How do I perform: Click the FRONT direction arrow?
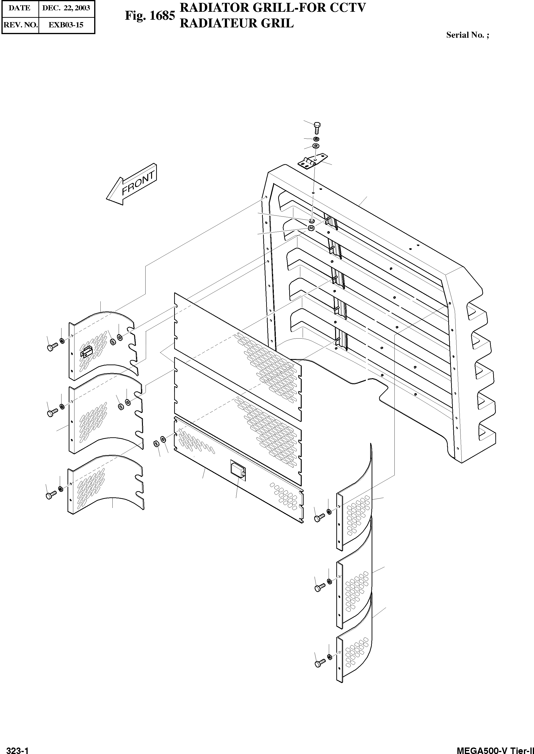[132, 185]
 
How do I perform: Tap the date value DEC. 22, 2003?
[66, 8]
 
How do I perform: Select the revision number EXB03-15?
[66, 25]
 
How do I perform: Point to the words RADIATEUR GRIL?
[236, 23]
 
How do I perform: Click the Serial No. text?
[467, 35]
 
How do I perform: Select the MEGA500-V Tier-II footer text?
[495, 749]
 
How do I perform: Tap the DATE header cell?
[19, 8]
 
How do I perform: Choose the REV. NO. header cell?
[20, 25]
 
